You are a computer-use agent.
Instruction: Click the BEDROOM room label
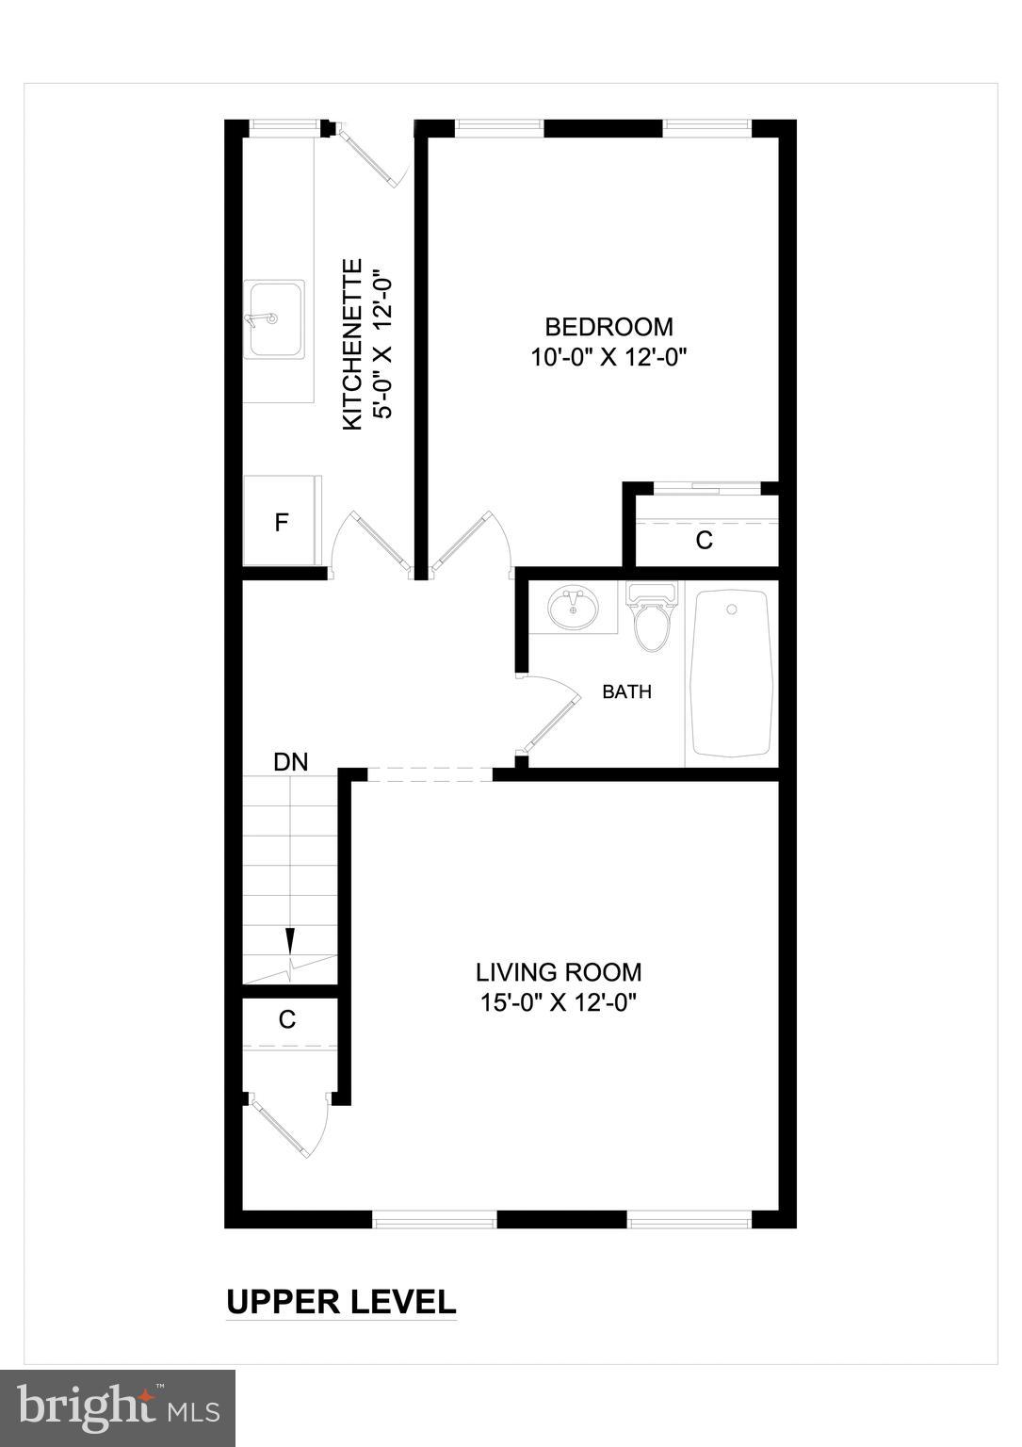(x=609, y=327)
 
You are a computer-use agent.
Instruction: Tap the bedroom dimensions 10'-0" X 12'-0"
(x=609, y=358)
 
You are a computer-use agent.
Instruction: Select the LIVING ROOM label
(x=559, y=972)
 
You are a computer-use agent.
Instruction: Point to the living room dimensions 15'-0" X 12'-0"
(x=559, y=1002)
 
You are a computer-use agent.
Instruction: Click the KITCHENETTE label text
(x=351, y=345)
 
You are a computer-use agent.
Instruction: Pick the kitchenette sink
(x=275, y=318)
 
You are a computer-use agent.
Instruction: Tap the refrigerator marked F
(x=282, y=522)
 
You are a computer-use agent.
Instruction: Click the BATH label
(x=626, y=691)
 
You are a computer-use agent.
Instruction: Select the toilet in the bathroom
(x=651, y=618)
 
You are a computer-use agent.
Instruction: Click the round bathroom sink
(x=574, y=608)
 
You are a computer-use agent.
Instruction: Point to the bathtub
(x=732, y=674)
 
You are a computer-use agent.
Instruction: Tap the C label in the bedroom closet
(x=704, y=541)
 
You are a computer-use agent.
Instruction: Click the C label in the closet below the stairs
(x=287, y=1019)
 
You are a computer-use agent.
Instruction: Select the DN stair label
(x=290, y=762)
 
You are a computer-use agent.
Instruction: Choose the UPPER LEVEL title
(x=341, y=1302)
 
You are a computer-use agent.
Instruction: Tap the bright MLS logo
(x=118, y=1407)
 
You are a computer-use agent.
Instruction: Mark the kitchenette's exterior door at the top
(x=370, y=155)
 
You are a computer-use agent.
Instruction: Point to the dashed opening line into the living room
(x=430, y=774)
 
